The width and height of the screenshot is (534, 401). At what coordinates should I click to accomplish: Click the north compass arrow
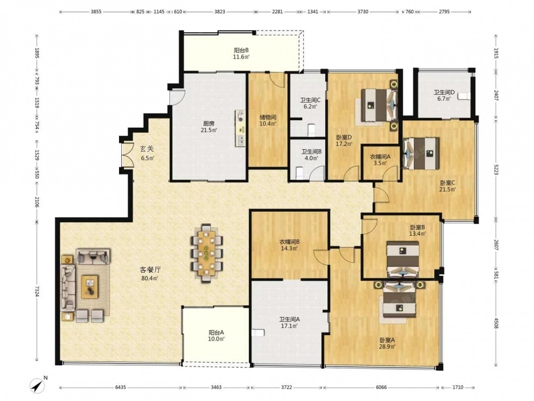pyautogui.click(x=38, y=385)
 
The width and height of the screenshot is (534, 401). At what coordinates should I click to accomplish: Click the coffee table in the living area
pyautogui.click(x=90, y=287)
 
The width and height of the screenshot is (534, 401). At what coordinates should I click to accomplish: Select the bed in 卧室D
pyautogui.click(x=378, y=105)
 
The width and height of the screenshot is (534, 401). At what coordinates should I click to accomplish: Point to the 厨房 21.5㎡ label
pyautogui.click(x=208, y=127)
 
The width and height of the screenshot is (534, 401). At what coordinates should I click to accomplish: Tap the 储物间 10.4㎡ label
pyautogui.click(x=268, y=120)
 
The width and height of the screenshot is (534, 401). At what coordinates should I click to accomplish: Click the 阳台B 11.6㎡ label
pyautogui.click(x=241, y=53)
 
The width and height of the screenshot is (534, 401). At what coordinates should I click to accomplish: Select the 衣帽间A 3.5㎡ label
pyautogui.click(x=380, y=160)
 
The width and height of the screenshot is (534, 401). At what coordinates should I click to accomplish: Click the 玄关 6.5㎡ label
pyautogui.click(x=147, y=153)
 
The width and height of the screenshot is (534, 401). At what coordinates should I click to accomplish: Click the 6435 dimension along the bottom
pyautogui.click(x=120, y=387)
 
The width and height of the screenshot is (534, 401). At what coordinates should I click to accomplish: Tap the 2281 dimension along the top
pyautogui.click(x=277, y=12)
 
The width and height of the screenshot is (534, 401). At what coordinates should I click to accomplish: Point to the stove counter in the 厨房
pyautogui.click(x=240, y=128)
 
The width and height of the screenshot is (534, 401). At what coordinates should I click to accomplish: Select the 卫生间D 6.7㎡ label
pyautogui.click(x=444, y=95)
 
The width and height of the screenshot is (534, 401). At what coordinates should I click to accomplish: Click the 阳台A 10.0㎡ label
pyautogui.click(x=217, y=336)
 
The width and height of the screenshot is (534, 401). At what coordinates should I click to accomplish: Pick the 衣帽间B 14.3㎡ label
pyautogui.click(x=289, y=245)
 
